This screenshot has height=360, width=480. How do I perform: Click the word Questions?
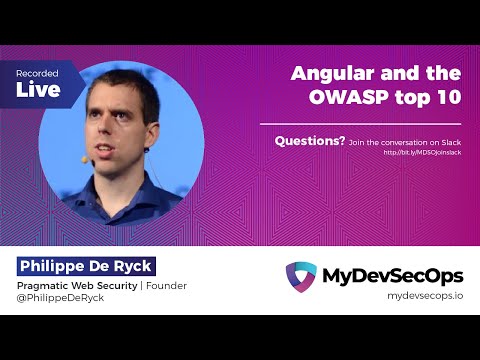click(x=310, y=141)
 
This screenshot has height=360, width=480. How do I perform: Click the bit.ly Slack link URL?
click(x=421, y=153)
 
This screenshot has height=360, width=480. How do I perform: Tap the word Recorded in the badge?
click(x=36, y=74)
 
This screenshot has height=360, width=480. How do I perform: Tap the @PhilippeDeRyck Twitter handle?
click(x=60, y=299)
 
